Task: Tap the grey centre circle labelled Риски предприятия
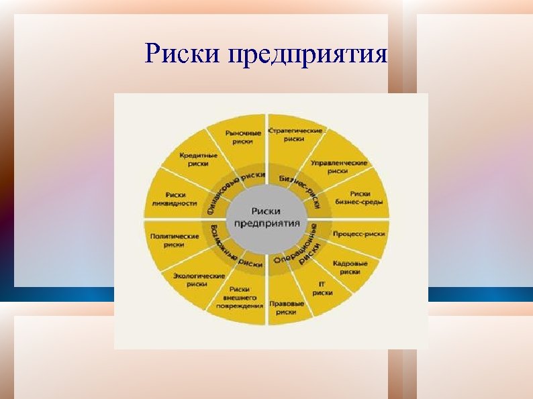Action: pyautogui.click(x=267, y=217)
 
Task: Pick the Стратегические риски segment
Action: pyautogui.click(x=294, y=134)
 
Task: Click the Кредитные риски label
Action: pyautogui.click(x=194, y=159)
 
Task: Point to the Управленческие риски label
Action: pyautogui.click(x=338, y=166)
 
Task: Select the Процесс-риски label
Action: pyautogui.click(x=358, y=235)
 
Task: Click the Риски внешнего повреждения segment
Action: pyautogui.click(x=240, y=297)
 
